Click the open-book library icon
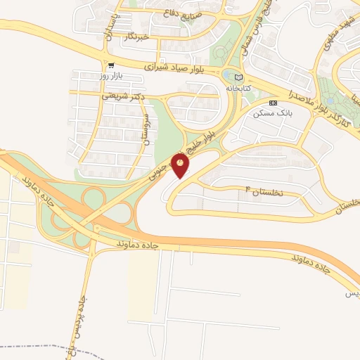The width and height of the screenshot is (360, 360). tap(238, 77)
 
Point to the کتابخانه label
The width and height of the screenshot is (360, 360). tap(238, 89)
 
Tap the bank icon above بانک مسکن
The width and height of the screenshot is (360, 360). tap(274, 103)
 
